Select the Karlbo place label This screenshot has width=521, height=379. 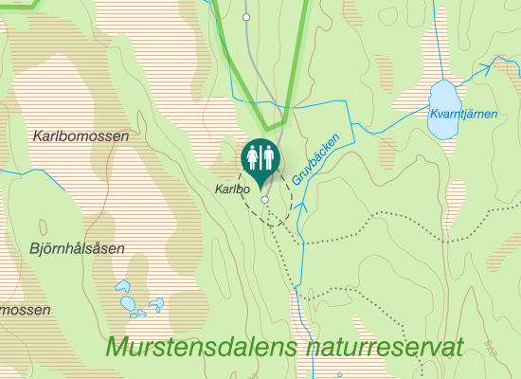(x=231, y=189)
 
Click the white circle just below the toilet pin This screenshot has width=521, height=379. (x=265, y=201)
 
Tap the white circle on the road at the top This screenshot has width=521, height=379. (x=246, y=18)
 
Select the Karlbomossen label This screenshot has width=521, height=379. (x=81, y=136)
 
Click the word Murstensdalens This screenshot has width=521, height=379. (x=205, y=347)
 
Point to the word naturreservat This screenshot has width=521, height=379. (x=386, y=347)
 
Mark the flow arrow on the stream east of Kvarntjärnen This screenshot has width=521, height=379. (x=490, y=66)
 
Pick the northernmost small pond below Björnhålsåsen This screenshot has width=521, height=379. (x=122, y=285)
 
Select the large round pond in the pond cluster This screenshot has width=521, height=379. (x=128, y=303)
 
